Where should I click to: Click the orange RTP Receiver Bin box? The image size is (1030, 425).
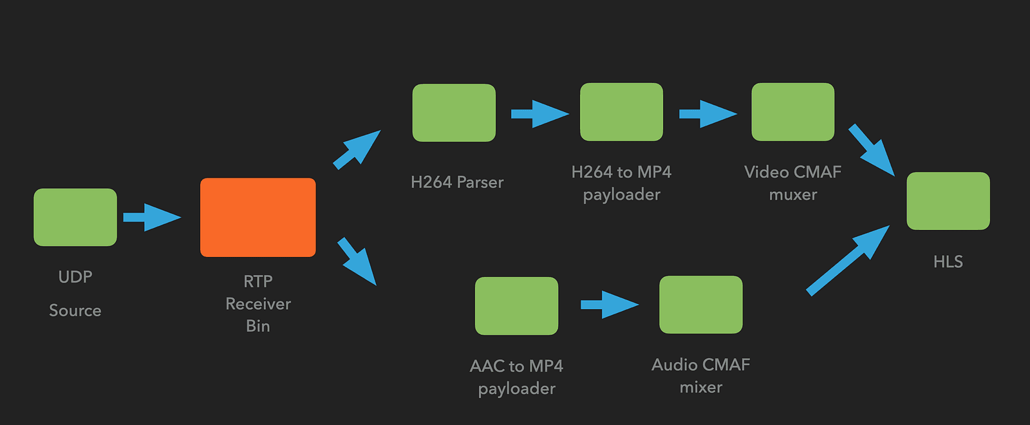257,217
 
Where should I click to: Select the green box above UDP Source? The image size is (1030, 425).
75,217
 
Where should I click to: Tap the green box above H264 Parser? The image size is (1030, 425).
454,113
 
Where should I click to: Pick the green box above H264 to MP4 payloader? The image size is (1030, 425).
621,111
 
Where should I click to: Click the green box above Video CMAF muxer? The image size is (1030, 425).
792,111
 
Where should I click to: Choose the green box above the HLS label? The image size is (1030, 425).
948,200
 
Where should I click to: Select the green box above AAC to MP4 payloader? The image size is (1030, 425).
516,305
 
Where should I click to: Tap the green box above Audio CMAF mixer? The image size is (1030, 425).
700,304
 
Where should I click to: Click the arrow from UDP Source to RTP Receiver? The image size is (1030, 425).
151,217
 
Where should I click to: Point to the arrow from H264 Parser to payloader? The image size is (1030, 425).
539,114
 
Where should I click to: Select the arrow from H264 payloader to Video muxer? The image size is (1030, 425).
707,114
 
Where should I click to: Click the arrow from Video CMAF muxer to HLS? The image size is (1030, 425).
872,150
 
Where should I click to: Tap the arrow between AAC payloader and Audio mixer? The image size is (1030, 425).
609,305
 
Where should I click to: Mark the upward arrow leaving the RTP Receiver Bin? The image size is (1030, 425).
357,149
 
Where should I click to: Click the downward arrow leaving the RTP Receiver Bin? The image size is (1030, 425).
357,261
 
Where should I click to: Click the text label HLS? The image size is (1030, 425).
948,261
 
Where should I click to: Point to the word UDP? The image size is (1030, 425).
75,277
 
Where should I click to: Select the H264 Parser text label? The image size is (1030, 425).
457,182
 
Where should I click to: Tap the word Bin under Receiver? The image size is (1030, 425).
257,326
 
